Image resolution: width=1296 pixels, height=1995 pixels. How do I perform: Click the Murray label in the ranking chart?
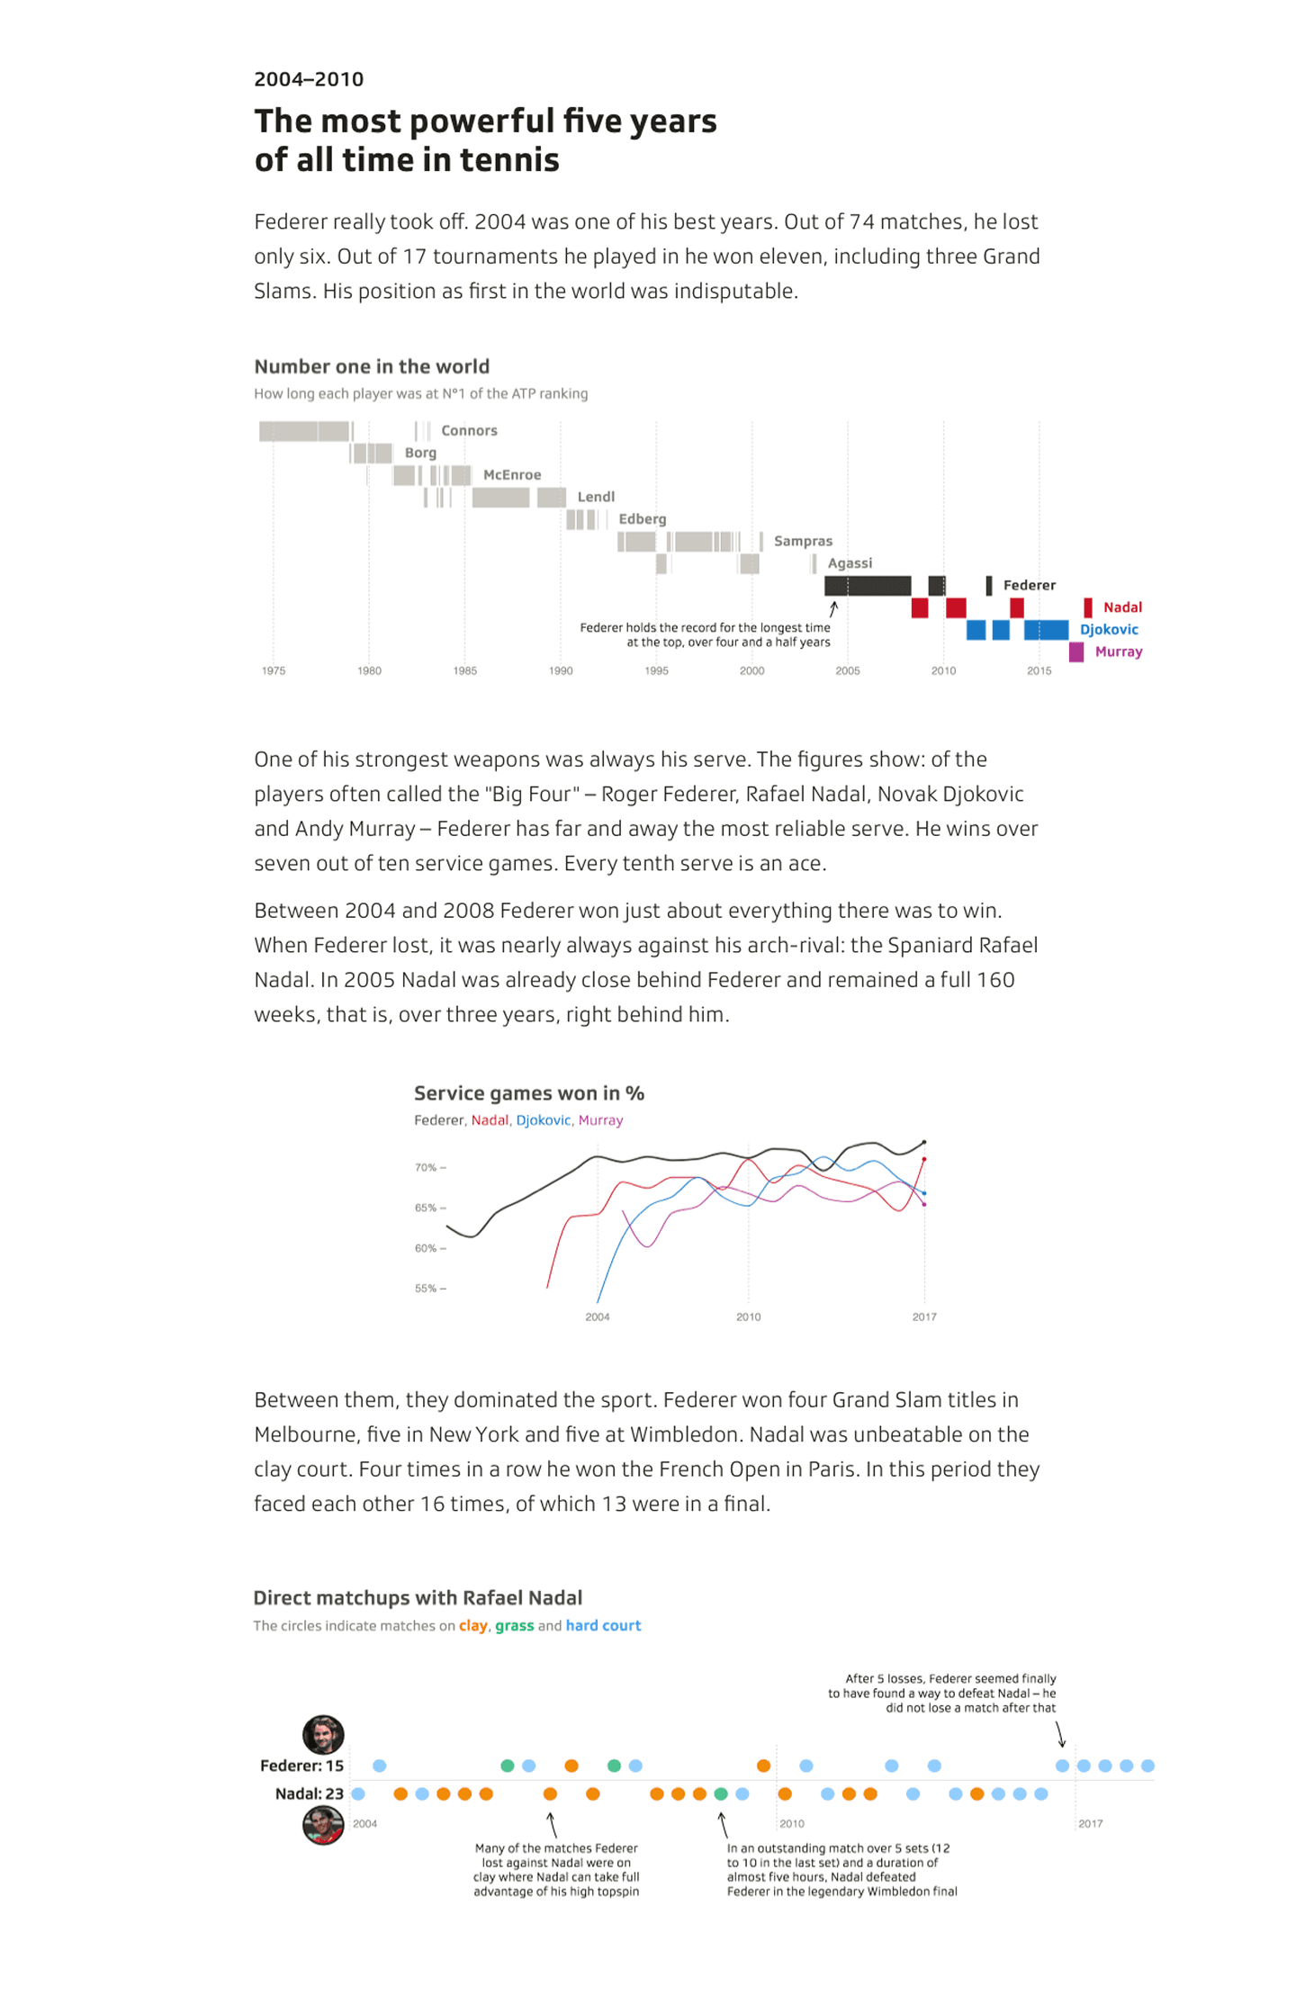click(1118, 652)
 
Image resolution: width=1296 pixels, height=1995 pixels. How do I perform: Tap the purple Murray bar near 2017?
click(1075, 652)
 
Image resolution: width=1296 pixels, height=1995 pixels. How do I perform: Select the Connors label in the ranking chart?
click(469, 430)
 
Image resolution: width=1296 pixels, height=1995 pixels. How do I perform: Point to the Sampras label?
click(803, 541)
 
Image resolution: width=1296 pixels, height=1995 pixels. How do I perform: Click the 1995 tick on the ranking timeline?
click(656, 670)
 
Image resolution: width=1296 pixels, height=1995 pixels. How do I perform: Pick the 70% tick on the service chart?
click(426, 1167)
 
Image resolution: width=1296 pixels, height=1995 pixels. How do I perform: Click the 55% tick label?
click(426, 1289)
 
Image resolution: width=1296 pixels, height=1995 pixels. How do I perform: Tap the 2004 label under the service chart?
click(598, 1317)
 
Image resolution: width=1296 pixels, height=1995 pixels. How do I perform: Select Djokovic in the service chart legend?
click(543, 1120)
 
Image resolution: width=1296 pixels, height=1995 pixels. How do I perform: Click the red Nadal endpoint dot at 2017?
click(924, 1159)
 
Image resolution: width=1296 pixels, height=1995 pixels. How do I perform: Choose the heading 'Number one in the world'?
click(372, 366)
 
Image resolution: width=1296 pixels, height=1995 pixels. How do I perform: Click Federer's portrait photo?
click(323, 1734)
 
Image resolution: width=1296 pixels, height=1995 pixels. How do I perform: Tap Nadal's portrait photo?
click(323, 1826)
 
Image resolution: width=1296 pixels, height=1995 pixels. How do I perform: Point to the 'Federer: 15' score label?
click(301, 1766)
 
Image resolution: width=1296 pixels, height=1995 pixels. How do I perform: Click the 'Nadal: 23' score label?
click(309, 1793)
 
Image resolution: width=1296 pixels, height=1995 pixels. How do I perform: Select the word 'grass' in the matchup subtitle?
click(514, 1625)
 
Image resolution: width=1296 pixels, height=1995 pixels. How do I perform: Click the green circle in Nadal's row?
click(721, 1793)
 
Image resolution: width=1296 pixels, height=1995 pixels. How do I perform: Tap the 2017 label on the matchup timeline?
click(1090, 1823)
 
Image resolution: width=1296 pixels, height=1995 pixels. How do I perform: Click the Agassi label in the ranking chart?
click(850, 563)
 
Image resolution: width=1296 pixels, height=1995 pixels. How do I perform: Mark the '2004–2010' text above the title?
click(309, 79)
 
